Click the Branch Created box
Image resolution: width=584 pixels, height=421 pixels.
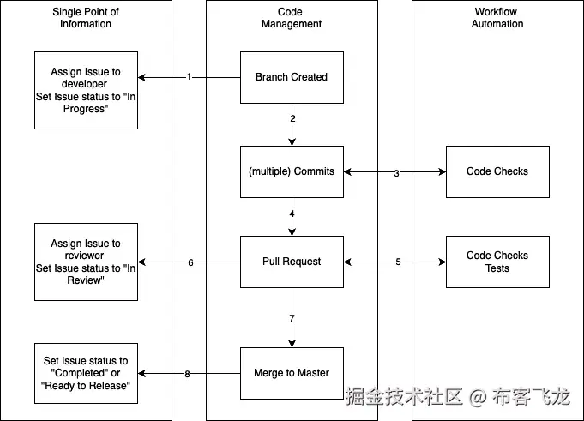pos(292,77)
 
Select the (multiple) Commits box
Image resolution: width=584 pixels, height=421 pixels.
pos(292,171)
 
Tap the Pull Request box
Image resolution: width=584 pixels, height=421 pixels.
pos(292,262)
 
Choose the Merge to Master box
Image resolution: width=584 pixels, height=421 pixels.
pos(292,373)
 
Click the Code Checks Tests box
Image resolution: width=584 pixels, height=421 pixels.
pos(497,262)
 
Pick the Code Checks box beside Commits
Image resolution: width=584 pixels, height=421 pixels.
pos(497,171)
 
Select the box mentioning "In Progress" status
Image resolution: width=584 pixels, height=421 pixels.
pos(86,90)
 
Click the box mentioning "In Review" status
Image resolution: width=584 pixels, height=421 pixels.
pos(86,262)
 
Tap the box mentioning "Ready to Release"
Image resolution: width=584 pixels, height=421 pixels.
pos(86,373)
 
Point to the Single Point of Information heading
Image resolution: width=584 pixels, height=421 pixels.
pos(86,18)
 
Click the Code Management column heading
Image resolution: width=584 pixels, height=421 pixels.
pos(292,18)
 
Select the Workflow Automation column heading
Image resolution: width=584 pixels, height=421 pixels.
pos(497,18)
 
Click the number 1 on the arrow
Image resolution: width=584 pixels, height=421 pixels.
pos(189,77)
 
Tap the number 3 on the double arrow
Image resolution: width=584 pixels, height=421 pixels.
pos(396,173)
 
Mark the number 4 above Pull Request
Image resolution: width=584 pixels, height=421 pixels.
pos(292,214)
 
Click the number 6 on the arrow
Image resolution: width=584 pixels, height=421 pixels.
pos(190,262)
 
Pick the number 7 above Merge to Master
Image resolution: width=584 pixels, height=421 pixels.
pos(292,318)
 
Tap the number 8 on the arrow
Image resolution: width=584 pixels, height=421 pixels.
pos(187,374)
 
